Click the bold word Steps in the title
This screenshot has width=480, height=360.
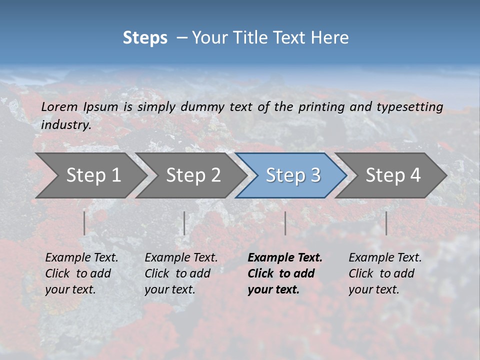tap(145, 38)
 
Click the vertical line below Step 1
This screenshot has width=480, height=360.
tap(84, 223)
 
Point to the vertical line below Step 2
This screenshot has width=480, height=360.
tap(184, 223)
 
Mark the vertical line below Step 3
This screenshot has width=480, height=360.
tap(285, 223)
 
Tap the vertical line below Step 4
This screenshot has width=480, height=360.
tap(386, 223)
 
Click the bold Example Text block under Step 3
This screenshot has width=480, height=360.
tap(285, 273)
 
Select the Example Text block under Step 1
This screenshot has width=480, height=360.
tap(81, 273)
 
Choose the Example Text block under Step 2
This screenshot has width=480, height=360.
tap(181, 273)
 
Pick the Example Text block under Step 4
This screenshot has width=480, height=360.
tap(385, 273)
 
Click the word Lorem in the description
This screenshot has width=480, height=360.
tap(59, 106)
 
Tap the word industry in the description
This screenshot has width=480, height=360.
tap(66, 125)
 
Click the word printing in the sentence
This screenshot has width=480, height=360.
tap(321, 107)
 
